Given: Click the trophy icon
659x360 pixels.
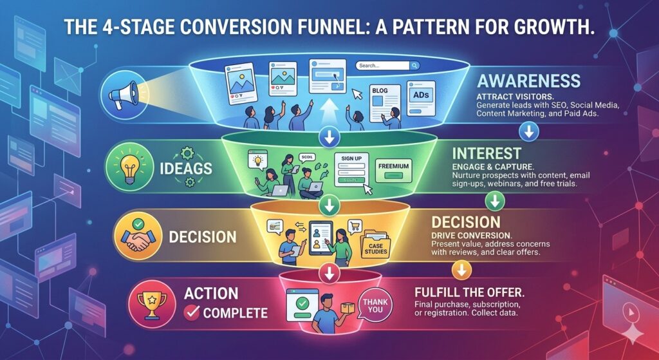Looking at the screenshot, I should click(x=149, y=303).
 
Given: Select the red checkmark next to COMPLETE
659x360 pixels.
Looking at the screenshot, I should click(x=191, y=314).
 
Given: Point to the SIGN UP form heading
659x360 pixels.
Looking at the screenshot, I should click(x=351, y=158).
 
